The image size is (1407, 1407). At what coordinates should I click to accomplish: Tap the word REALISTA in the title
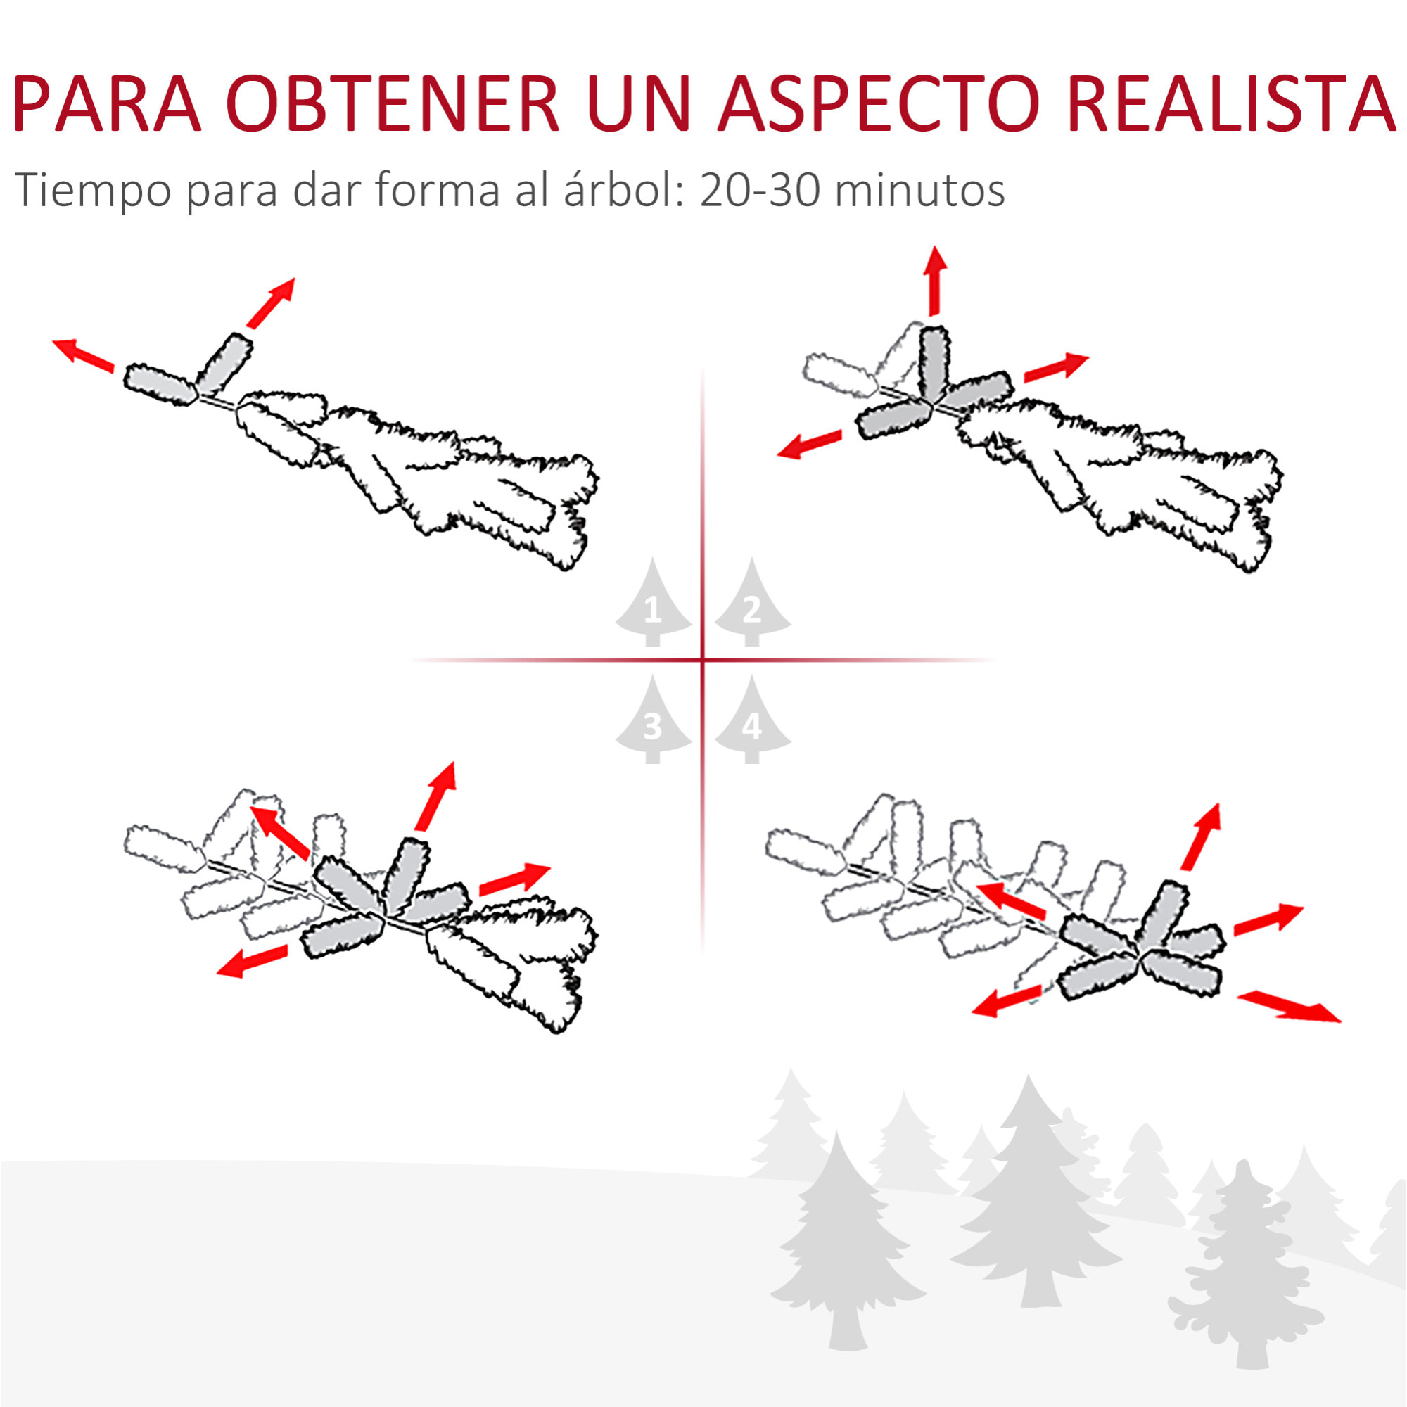1230,103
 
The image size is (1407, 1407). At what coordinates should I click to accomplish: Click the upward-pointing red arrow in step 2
934,281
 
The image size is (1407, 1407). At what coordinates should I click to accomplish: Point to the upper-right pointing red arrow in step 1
270,303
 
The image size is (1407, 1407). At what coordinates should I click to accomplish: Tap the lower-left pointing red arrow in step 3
252,960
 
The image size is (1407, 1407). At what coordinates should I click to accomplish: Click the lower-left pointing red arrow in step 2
809,443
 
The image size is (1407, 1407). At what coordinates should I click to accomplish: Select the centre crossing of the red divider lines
703,661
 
